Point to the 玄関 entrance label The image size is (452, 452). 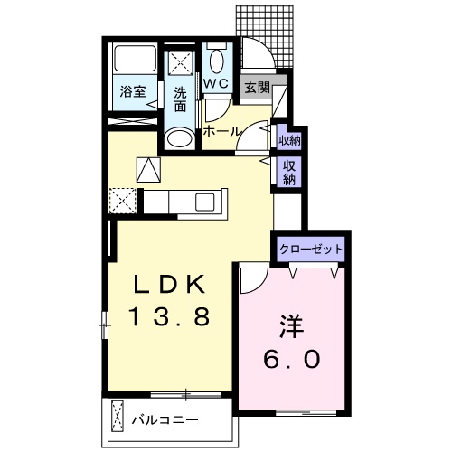(257, 88)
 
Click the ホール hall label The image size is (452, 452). (221, 131)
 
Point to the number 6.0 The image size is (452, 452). (291, 359)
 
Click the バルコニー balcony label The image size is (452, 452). (163, 420)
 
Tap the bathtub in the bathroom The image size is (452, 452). (134, 61)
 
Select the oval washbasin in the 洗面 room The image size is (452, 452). (180, 138)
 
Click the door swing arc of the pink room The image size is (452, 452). (253, 278)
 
